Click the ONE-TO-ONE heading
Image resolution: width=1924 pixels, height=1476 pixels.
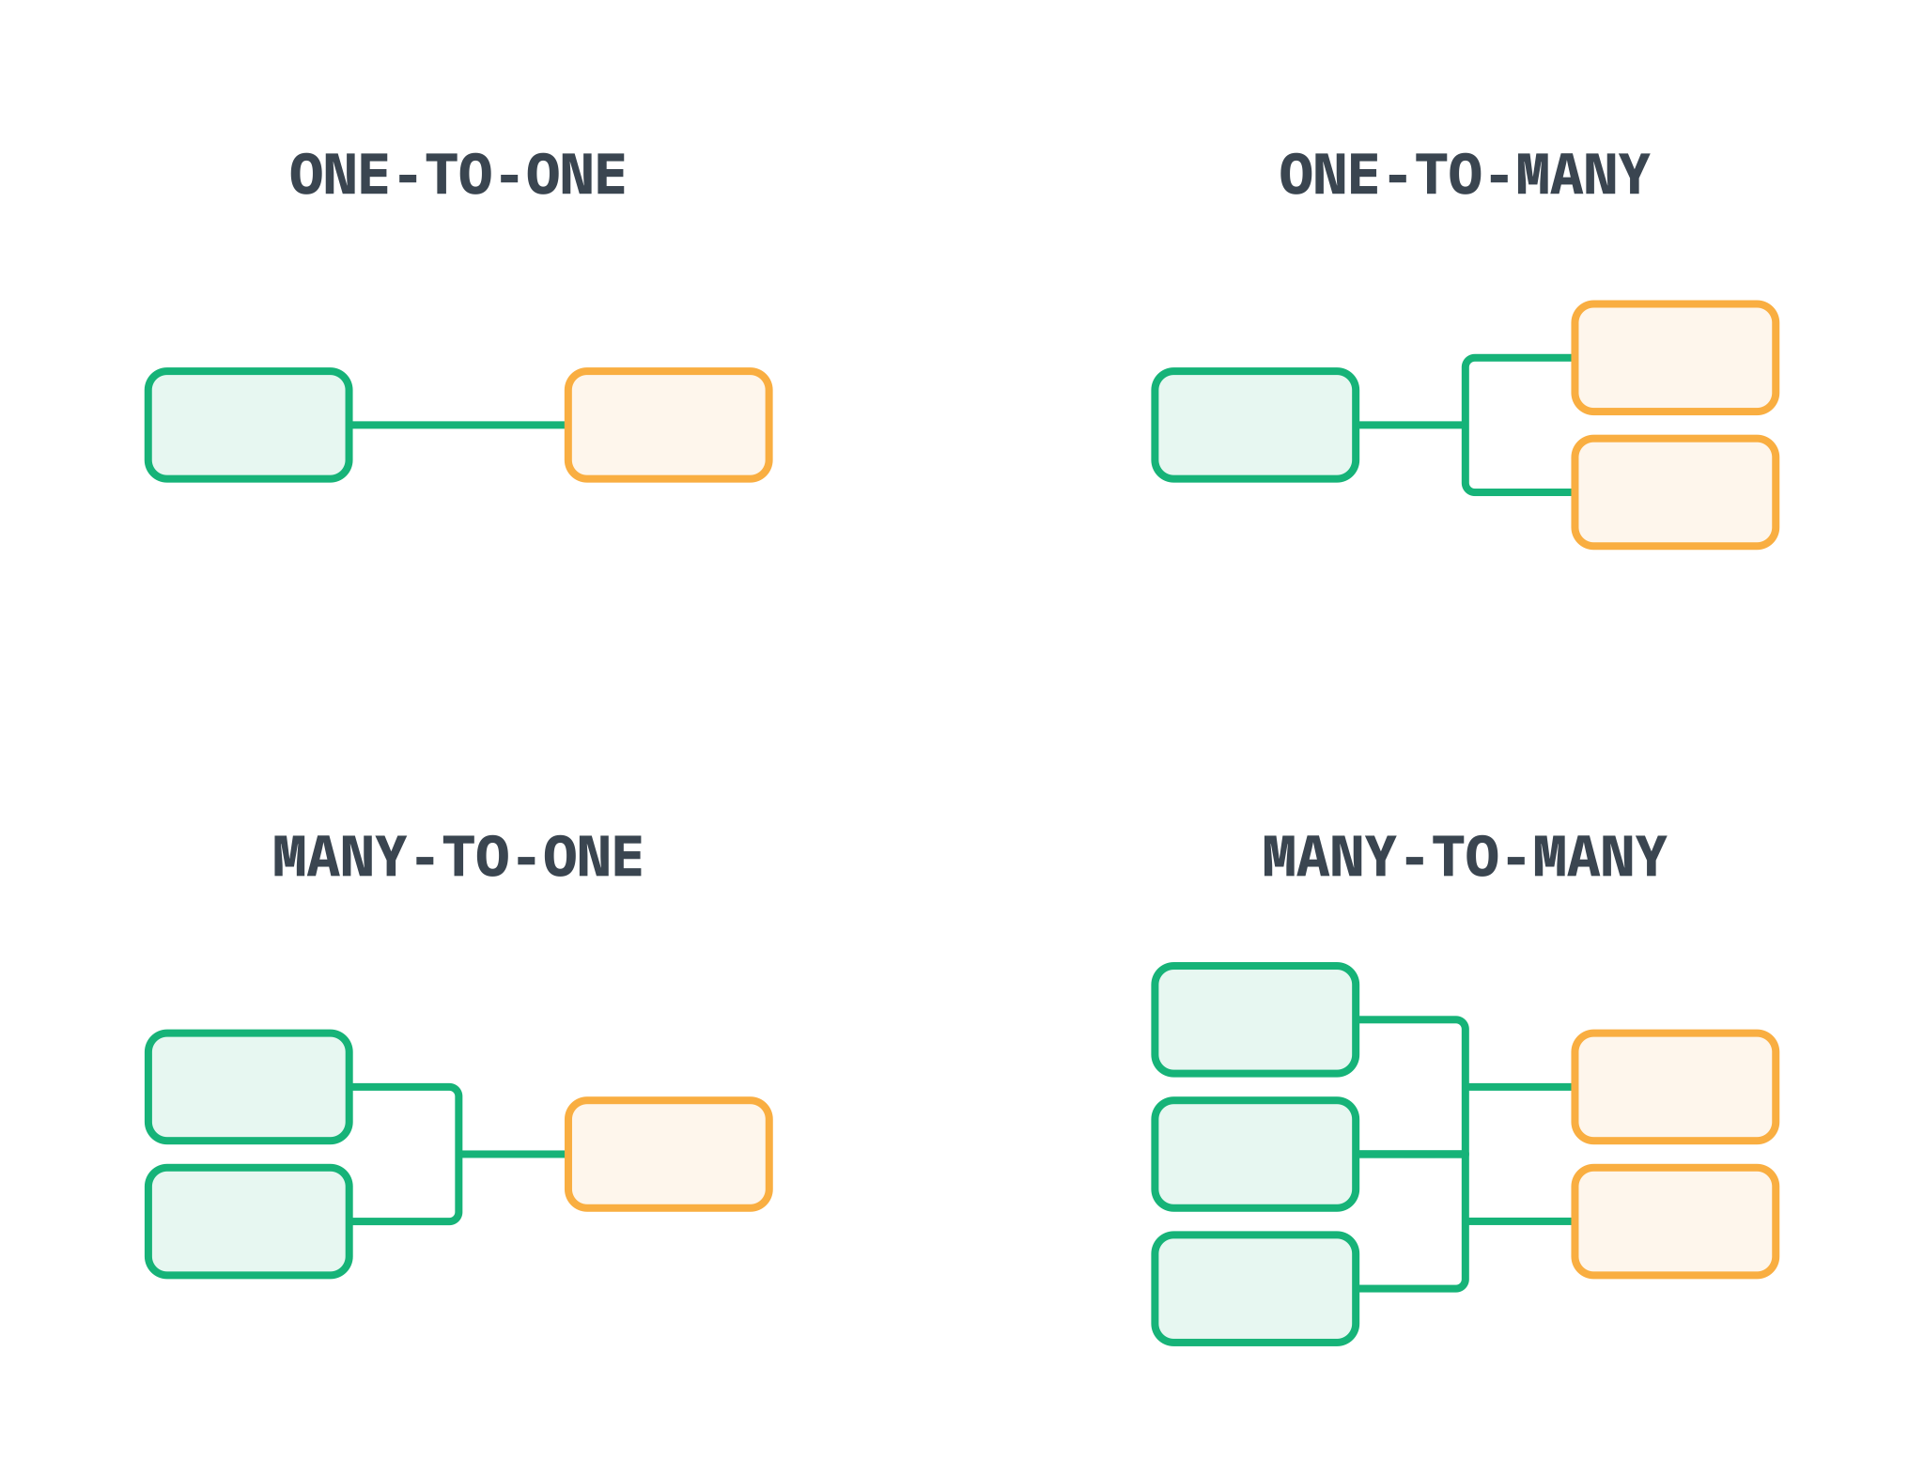point(458,176)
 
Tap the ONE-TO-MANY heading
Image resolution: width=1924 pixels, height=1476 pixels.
point(1464,176)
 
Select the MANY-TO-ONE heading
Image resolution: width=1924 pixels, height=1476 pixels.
point(458,858)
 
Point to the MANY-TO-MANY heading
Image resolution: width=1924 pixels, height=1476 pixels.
point(1464,858)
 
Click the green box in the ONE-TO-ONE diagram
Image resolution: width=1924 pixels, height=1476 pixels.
point(249,426)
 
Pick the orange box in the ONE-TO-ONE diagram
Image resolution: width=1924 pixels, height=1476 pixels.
point(669,426)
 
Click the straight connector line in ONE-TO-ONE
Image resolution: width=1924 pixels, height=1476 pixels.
point(458,426)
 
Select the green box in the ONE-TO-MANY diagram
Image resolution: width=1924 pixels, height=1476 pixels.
point(1255,426)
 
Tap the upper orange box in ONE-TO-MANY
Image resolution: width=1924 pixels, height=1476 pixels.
point(1675,358)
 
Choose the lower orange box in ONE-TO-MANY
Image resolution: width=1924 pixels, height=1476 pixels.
point(1675,492)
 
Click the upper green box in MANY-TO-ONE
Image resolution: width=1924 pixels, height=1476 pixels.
point(249,1087)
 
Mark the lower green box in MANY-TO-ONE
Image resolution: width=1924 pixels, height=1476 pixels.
point(249,1221)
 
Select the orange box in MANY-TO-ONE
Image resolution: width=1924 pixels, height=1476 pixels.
point(669,1154)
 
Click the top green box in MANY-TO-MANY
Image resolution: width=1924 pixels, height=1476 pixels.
point(1255,1019)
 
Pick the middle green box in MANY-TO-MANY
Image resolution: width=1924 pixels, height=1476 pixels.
point(1255,1154)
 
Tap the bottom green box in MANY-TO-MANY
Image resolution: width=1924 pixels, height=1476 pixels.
point(1255,1289)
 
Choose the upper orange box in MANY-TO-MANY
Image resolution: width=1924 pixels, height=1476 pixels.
point(1675,1087)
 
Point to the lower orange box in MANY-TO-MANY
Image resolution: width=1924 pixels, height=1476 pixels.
point(1675,1221)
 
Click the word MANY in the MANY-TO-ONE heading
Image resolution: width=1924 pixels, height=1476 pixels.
point(339,858)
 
